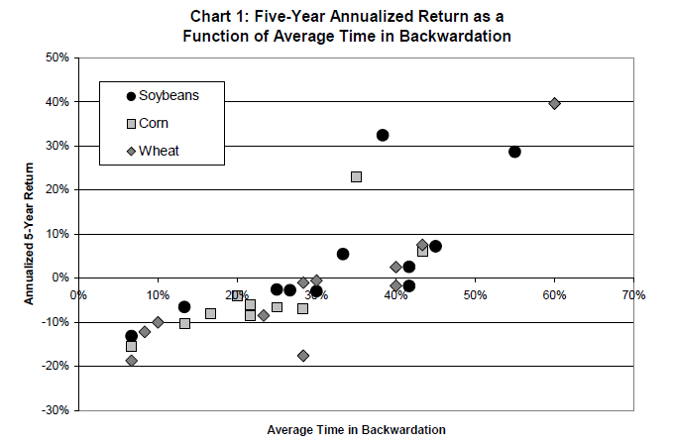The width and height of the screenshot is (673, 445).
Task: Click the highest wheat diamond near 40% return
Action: pos(554,103)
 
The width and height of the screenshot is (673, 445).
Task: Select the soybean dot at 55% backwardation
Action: pos(514,152)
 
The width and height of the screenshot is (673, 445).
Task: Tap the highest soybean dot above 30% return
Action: pos(383,135)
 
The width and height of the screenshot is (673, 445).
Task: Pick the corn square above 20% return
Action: pos(356,176)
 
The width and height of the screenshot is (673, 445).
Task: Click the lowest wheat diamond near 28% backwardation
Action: pos(303,355)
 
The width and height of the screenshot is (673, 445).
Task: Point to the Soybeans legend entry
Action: pos(168,95)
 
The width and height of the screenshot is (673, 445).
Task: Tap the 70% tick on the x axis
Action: pos(633,294)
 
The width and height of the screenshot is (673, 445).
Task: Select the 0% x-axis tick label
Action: pos(78,294)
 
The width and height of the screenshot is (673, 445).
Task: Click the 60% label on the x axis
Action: pos(554,294)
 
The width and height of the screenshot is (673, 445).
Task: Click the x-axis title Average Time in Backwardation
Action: pos(356,430)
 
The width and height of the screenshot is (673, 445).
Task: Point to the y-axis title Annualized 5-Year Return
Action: pos(30,234)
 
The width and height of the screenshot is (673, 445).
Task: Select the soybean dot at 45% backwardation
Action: pos(435,246)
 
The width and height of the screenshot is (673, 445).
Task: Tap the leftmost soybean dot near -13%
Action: pos(131,336)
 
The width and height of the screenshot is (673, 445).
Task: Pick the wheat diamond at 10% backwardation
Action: pos(158,322)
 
